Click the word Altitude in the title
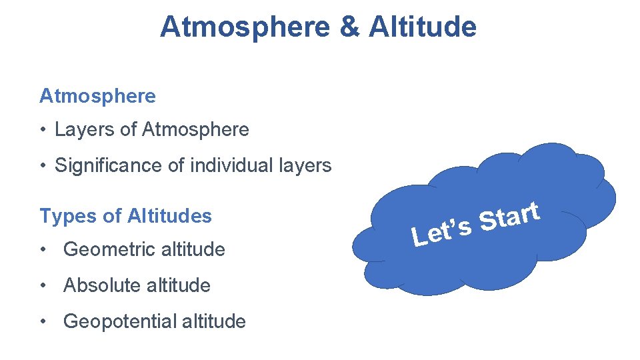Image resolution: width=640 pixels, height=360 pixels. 422,27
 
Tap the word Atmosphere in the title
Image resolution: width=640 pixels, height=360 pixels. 244,27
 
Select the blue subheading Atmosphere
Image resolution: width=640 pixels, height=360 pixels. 97,96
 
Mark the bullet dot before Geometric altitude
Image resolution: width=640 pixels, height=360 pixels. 43,249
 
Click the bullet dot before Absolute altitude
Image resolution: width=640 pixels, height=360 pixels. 43,285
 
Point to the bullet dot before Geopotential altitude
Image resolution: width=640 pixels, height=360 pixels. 43,321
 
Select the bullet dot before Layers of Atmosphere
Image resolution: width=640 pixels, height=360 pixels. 43,129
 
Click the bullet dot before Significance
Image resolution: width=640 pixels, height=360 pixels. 43,165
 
